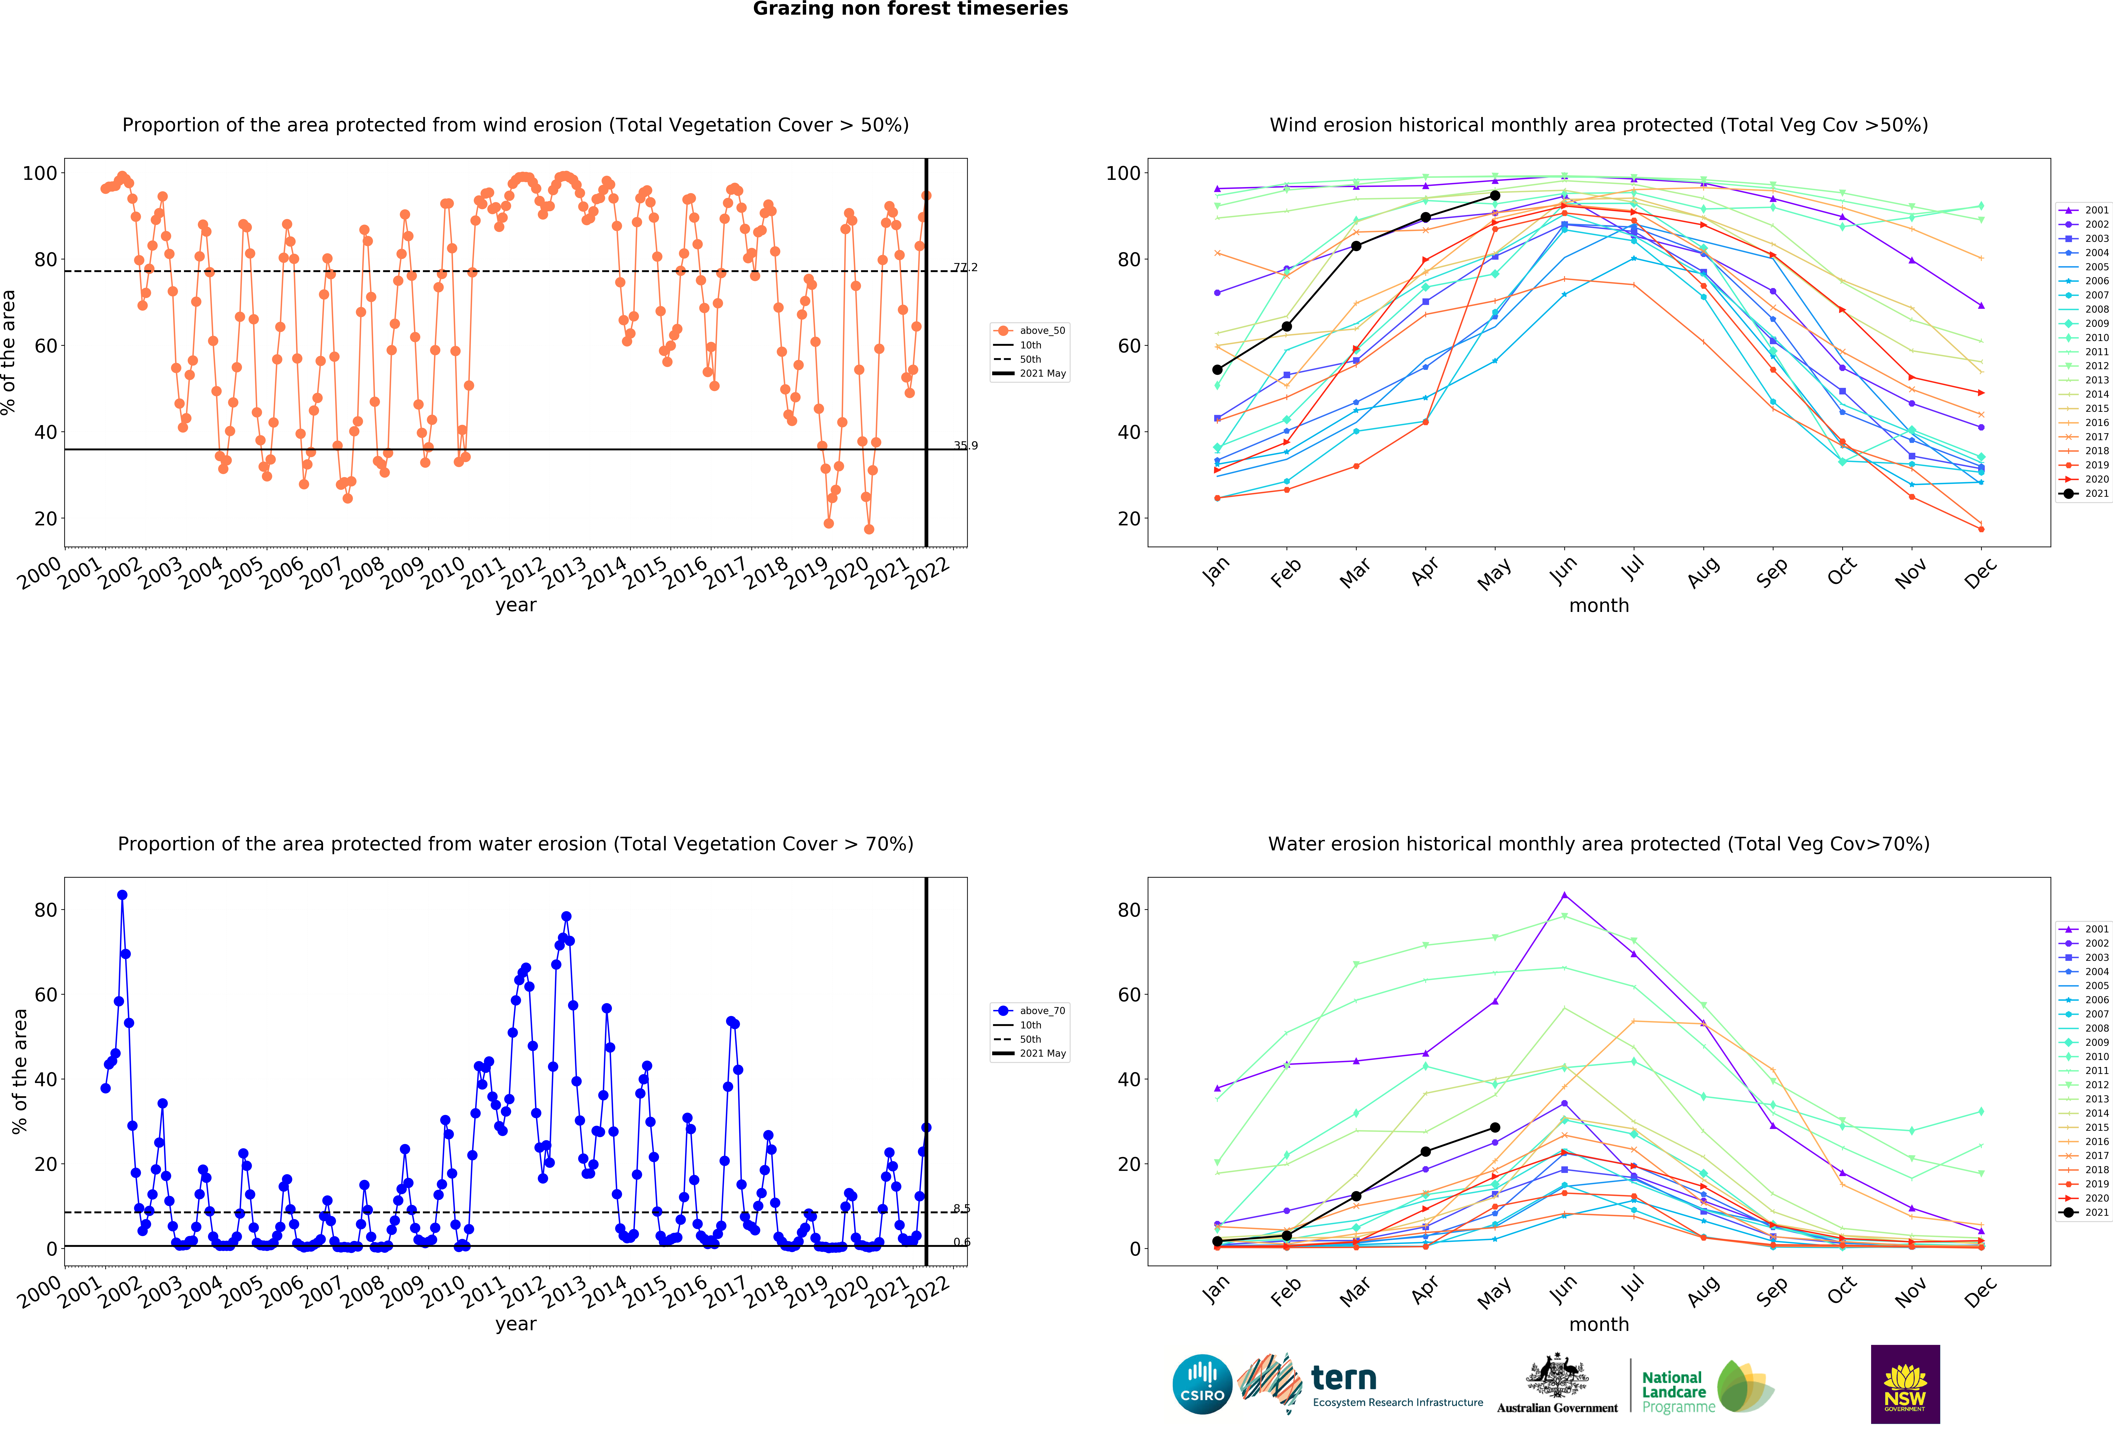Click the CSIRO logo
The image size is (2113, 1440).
1202,1385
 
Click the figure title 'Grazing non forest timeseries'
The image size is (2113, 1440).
910,9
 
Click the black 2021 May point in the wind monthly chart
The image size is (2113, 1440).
1495,195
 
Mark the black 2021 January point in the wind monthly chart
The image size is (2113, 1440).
1217,369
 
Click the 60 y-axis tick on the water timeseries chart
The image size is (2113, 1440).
46,995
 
